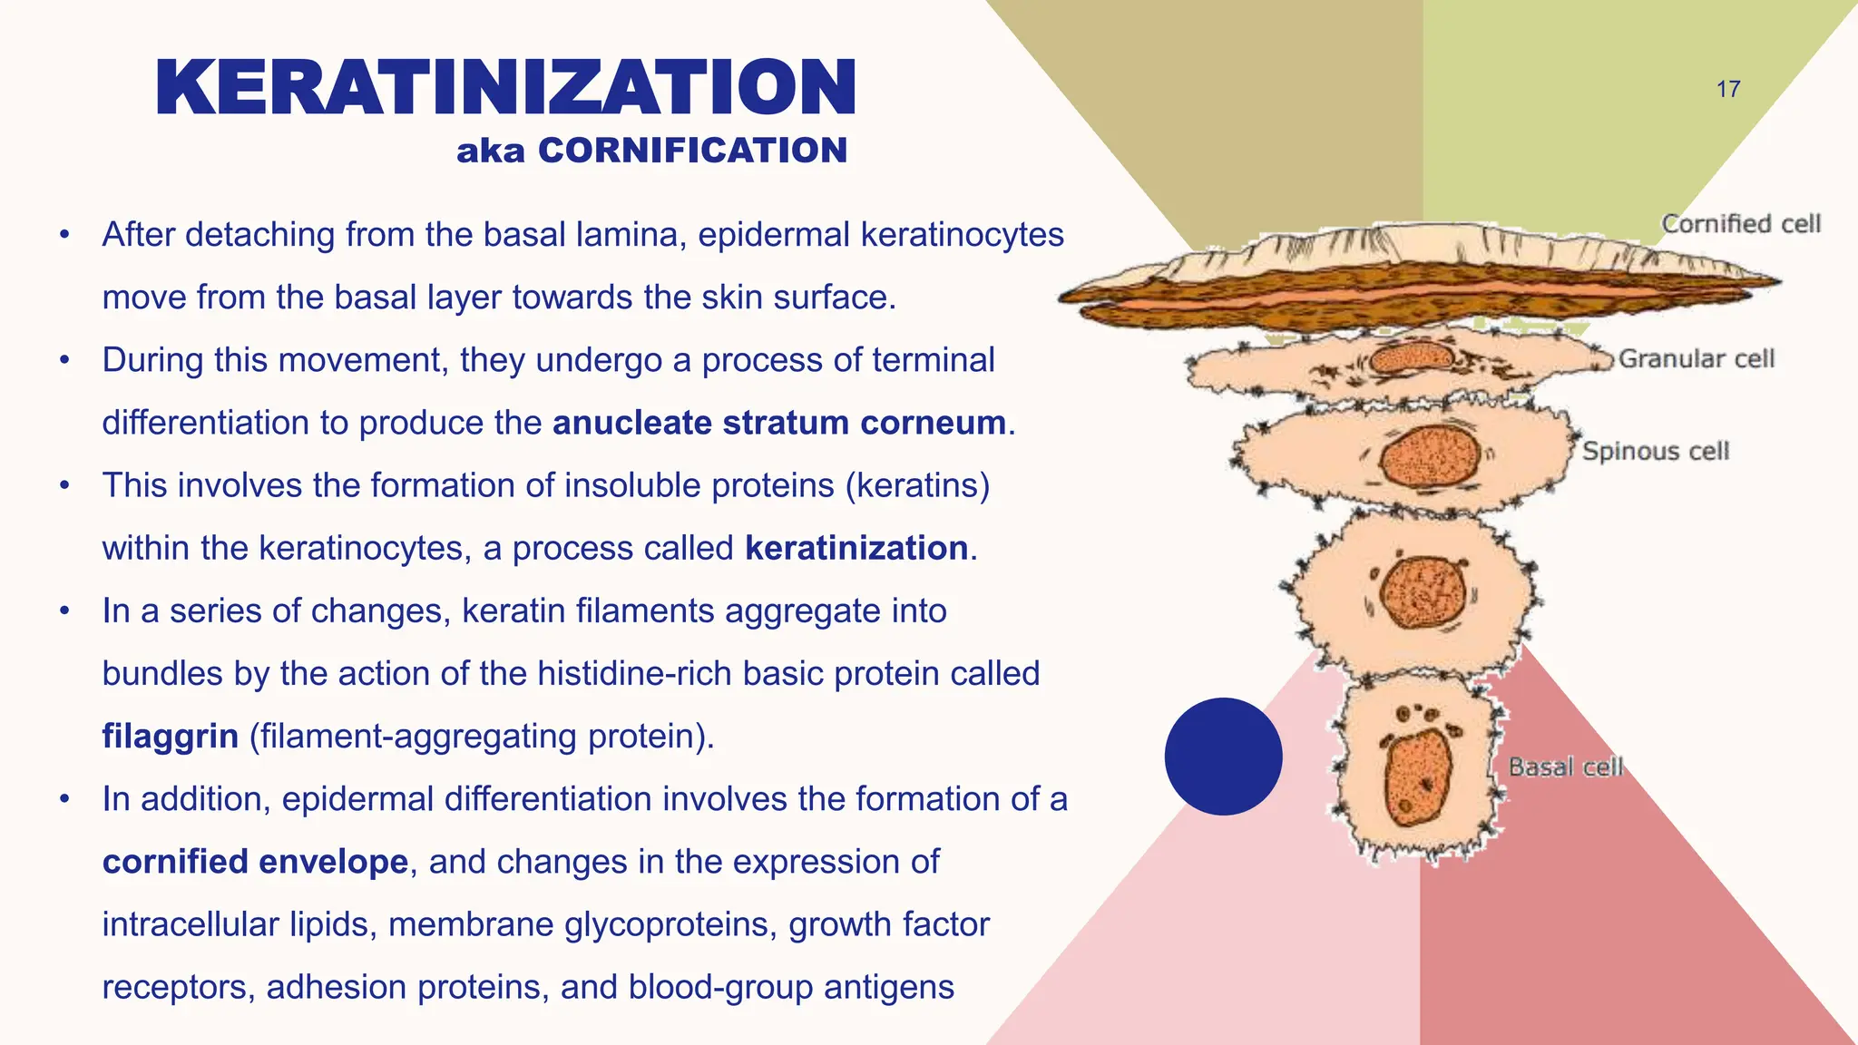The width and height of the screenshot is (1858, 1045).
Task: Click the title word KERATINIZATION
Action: pos(505,88)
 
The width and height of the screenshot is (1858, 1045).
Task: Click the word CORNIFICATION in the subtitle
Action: pos(692,151)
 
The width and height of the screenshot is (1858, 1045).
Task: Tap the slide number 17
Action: pos(1728,90)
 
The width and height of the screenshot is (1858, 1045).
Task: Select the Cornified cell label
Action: pos(1741,224)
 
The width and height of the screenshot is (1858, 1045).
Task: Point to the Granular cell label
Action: pos(1697,359)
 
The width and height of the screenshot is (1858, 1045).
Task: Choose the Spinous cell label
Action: pos(1656,451)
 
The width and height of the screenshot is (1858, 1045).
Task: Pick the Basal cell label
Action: pos(1565,767)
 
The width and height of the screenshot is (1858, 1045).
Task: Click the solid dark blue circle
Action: pos(1223,757)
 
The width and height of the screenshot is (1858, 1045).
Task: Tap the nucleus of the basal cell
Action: pos(1418,776)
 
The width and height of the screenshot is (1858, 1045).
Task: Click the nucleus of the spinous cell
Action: pos(1430,456)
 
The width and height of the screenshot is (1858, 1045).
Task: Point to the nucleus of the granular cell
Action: pos(1411,358)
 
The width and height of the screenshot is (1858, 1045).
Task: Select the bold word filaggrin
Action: pos(170,736)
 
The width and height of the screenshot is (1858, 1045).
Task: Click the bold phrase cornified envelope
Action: pos(255,861)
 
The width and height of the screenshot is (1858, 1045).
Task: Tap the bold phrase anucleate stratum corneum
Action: pos(779,423)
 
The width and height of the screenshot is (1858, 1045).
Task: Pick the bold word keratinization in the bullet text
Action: pos(856,548)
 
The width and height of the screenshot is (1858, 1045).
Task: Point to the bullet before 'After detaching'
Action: pos(64,235)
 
